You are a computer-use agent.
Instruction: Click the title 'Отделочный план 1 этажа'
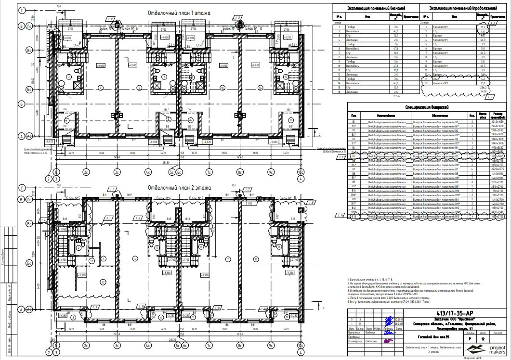point(179,13)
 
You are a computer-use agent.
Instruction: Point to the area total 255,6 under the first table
point(397,96)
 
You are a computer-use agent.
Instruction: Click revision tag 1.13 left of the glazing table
point(342,157)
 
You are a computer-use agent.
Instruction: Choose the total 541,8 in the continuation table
point(482,91)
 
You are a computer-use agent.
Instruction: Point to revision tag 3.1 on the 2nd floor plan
point(109,218)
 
